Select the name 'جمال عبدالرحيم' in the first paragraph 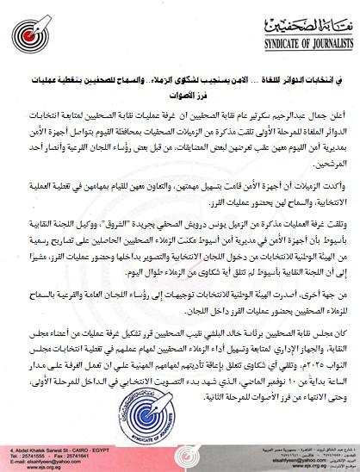point(302,114)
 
